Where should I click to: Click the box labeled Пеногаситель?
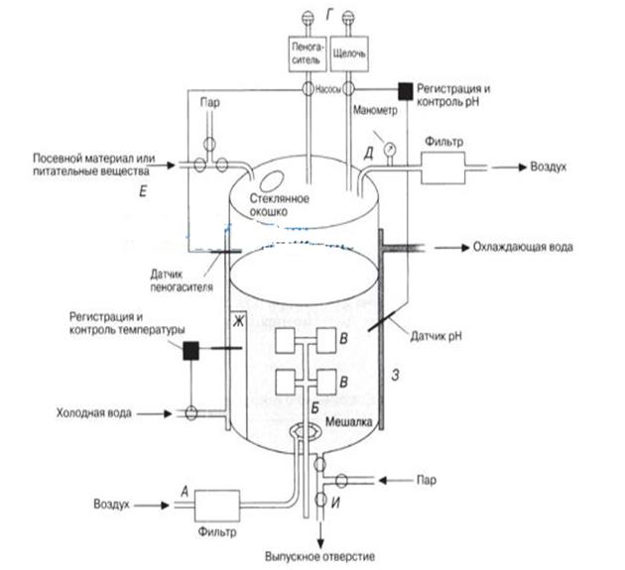tap(308, 55)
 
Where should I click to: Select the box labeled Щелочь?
tap(349, 55)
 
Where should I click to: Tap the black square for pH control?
tap(406, 91)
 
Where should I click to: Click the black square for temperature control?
tap(190, 351)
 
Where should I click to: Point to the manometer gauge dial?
tap(389, 150)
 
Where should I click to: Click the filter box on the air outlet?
tap(443, 168)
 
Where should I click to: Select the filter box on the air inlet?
tap(217, 506)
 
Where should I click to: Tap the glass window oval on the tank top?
tap(271, 180)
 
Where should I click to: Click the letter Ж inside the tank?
tap(239, 321)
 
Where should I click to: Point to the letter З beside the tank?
tap(395, 375)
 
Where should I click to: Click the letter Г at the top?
tap(329, 15)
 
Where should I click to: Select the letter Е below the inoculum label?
tap(143, 192)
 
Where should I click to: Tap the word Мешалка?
tap(349, 422)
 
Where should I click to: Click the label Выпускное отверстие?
tap(320, 556)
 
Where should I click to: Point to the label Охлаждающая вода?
tap(523, 247)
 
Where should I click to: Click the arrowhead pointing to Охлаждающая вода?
tap(465, 248)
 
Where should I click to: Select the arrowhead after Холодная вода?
tap(168, 413)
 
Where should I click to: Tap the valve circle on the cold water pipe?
tap(191, 413)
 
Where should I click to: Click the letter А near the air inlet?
tap(185, 492)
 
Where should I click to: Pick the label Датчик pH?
tap(437, 336)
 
